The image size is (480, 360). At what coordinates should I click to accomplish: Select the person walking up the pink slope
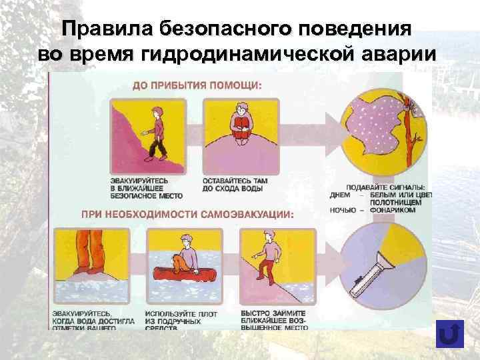click(158, 131)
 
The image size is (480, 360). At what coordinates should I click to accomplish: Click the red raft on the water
click(178, 274)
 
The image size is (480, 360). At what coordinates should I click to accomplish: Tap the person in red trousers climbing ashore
click(269, 253)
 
